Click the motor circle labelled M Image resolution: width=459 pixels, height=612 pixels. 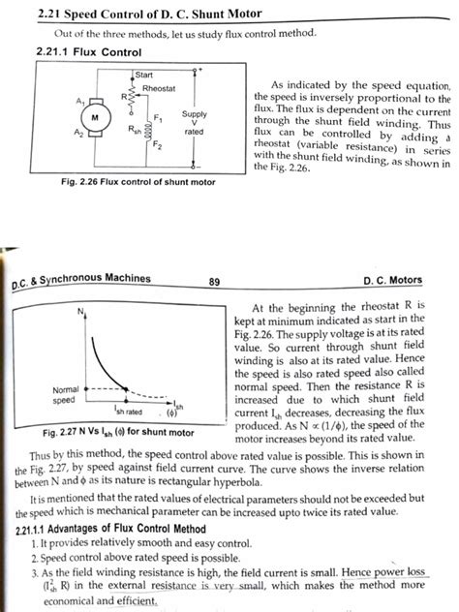pyautogui.click(x=95, y=117)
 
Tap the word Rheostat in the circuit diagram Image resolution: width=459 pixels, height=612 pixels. pyautogui.click(x=157, y=88)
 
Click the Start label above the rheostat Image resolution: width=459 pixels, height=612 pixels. pyautogui.click(x=145, y=75)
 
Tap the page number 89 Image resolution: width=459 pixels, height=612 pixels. pyautogui.click(x=214, y=282)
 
